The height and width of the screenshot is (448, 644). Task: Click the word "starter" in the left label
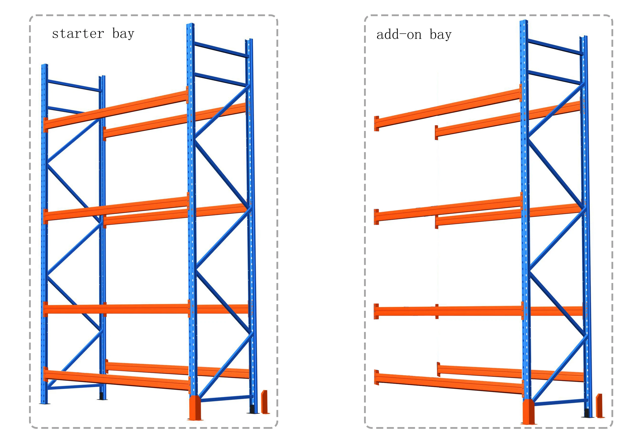click(x=78, y=34)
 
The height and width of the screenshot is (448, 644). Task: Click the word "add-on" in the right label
click(x=399, y=35)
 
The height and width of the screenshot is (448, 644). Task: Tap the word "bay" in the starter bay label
click(x=123, y=34)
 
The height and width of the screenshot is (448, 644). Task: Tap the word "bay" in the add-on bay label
click(x=440, y=35)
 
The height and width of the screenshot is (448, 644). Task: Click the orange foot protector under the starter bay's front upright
click(x=194, y=408)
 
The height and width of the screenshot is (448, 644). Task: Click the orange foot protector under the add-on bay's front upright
click(x=528, y=412)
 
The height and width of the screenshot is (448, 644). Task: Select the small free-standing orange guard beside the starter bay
click(x=264, y=402)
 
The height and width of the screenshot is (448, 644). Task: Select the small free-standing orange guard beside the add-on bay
click(x=599, y=406)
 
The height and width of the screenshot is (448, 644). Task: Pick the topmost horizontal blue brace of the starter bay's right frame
click(x=221, y=50)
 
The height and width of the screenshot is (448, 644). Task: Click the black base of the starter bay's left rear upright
click(x=101, y=396)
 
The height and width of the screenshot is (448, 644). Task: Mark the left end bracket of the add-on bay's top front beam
click(x=376, y=123)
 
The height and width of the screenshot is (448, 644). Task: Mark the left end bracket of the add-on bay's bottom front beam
click(x=376, y=377)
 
